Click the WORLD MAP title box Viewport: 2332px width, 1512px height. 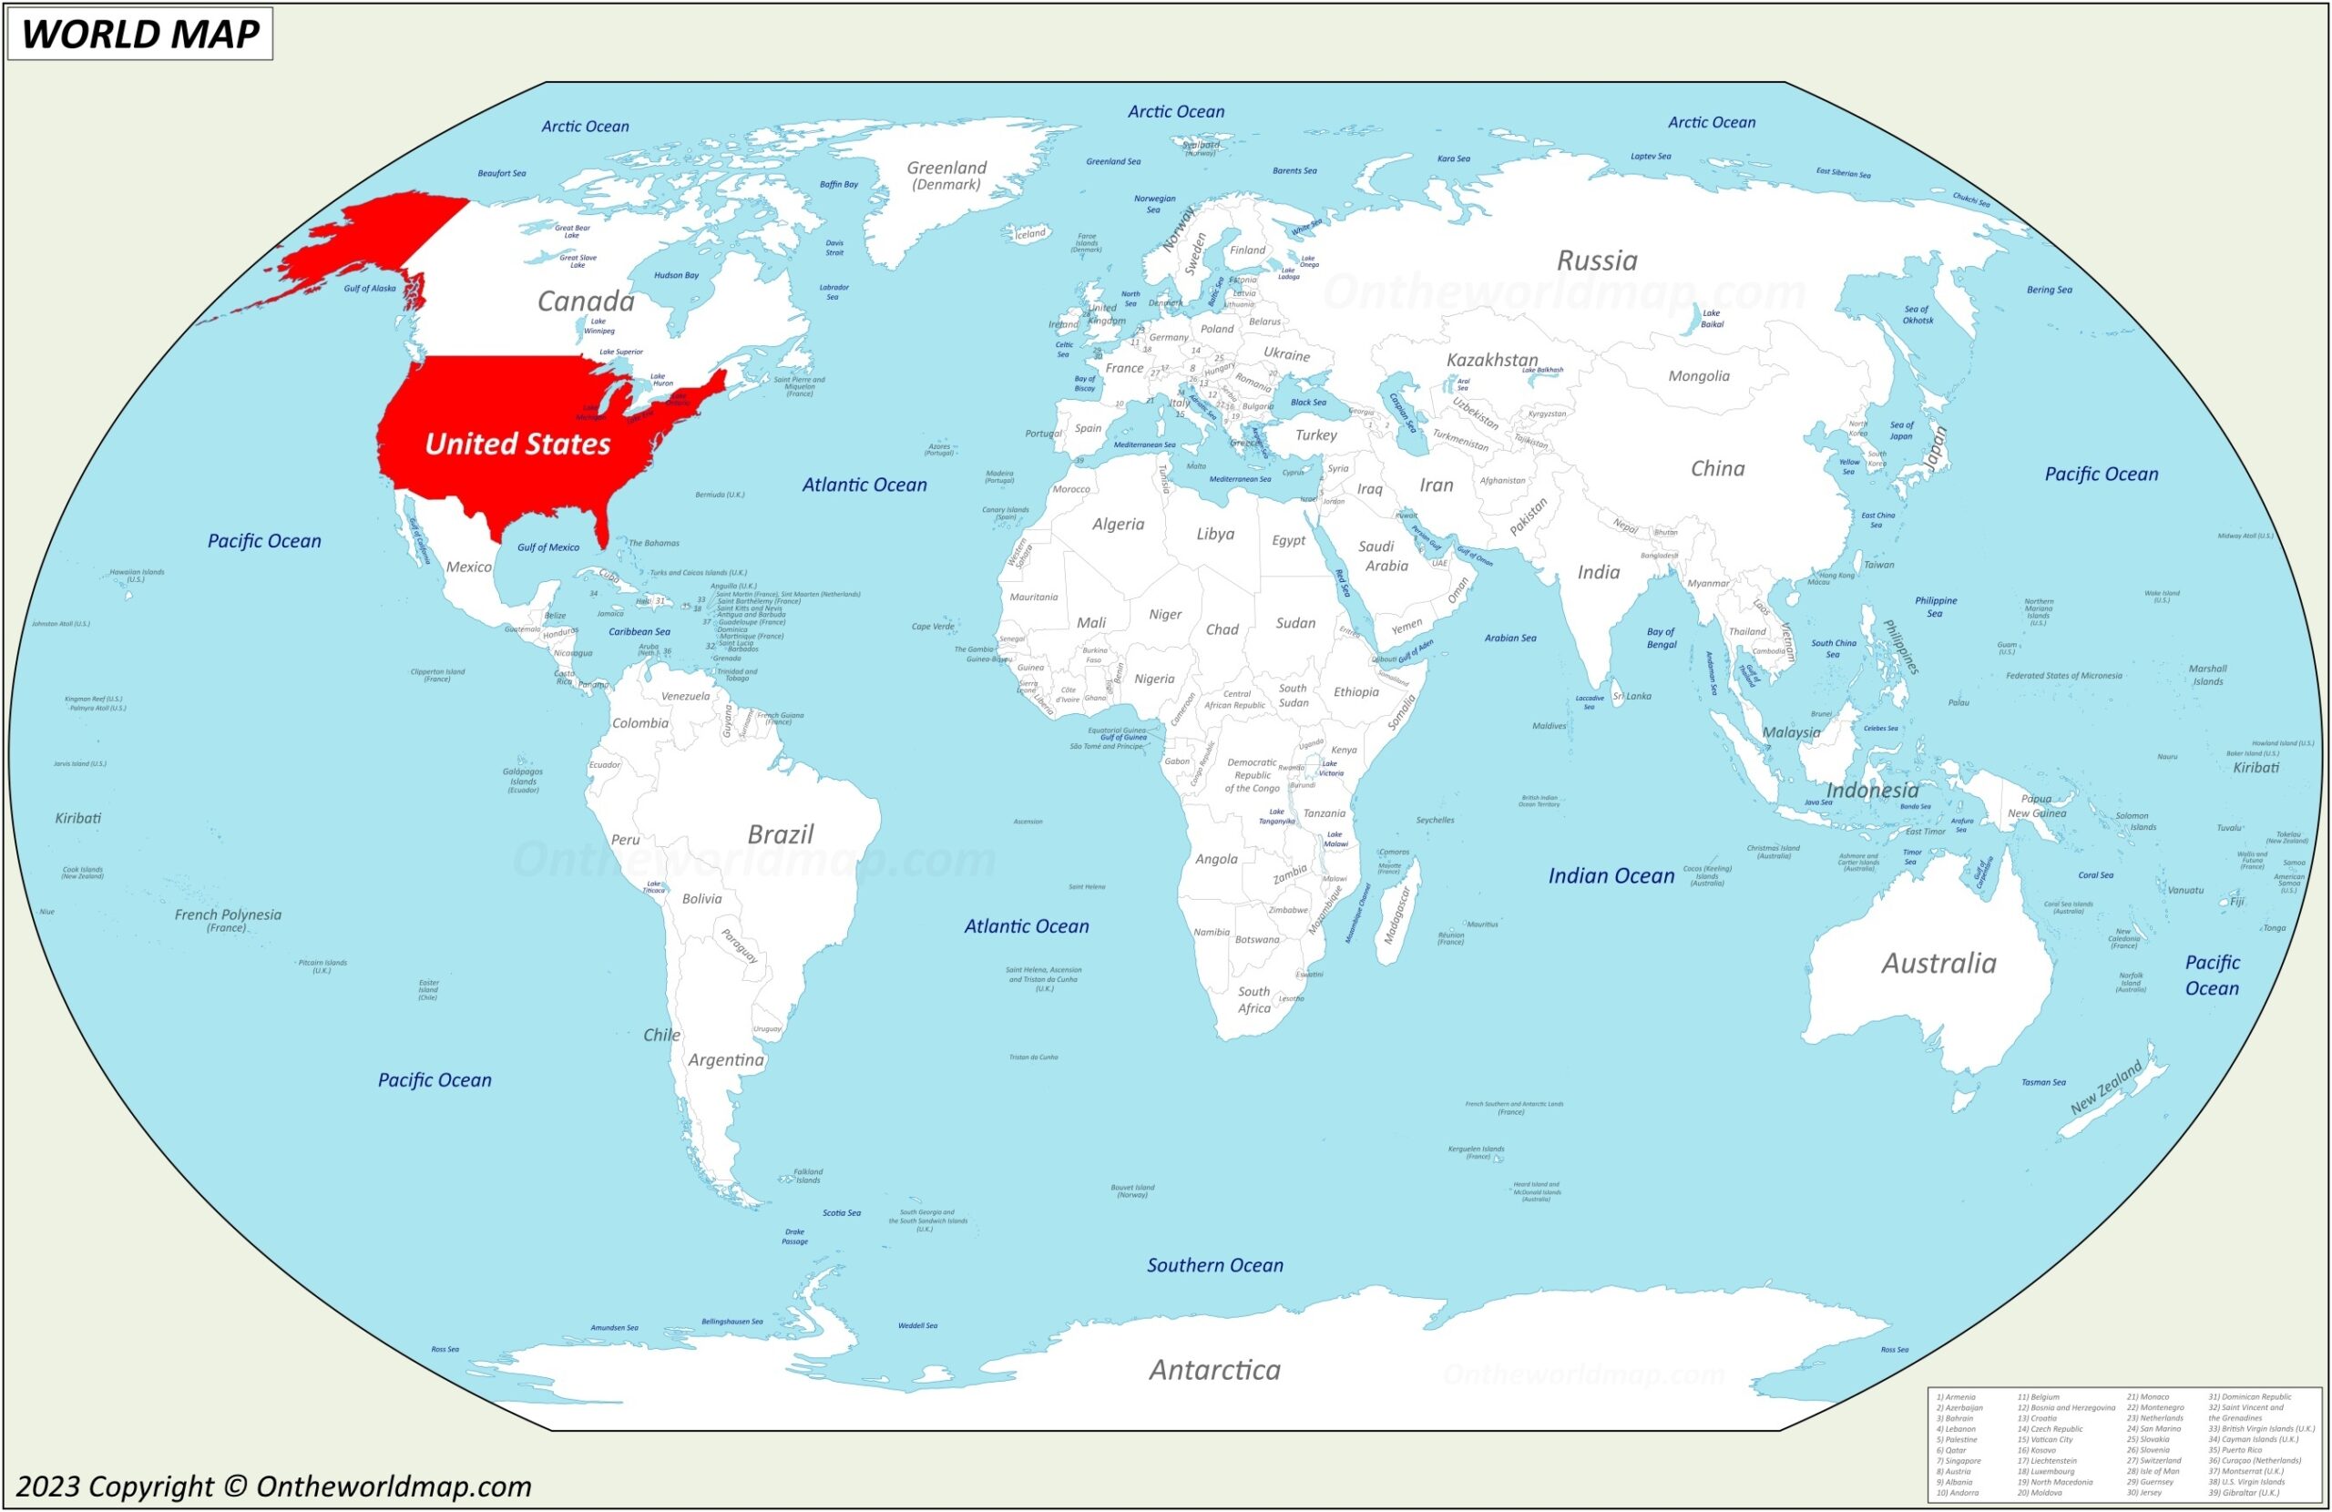[x=140, y=34]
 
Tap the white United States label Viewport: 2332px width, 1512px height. [x=517, y=444]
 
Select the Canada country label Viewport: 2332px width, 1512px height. [x=586, y=301]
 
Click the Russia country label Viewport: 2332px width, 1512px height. [x=1596, y=261]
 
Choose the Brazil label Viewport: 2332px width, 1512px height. [x=780, y=834]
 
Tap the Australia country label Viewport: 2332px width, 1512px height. [x=1938, y=964]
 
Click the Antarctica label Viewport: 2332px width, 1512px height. [x=1214, y=1369]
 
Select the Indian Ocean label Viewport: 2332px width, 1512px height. [x=1611, y=876]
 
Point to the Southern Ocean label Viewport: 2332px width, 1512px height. [x=1215, y=1265]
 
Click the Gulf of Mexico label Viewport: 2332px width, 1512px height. [x=547, y=547]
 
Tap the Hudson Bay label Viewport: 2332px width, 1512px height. [x=676, y=275]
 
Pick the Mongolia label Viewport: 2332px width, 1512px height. [x=1698, y=376]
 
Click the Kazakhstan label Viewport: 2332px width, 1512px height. [x=1491, y=360]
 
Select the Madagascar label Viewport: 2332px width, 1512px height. [x=1396, y=914]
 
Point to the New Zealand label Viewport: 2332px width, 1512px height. [x=2106, y=1087]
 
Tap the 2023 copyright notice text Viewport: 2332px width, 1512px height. [x=273, y=1486]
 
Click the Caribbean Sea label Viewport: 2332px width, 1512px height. [x=639, y=632]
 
